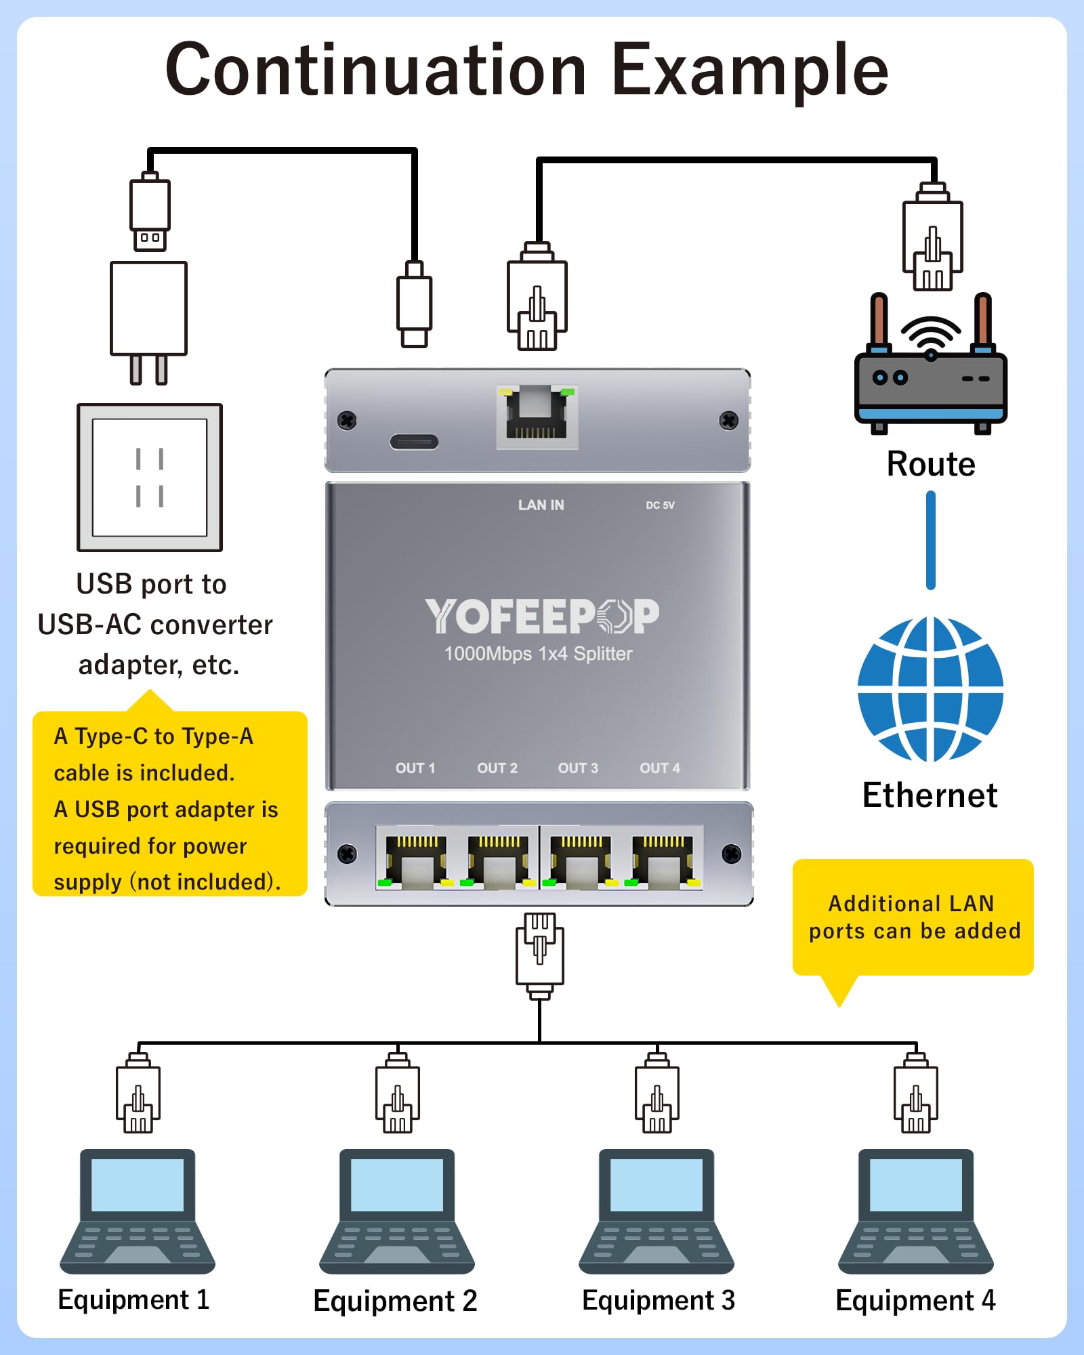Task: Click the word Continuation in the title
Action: click(x=376, y=70)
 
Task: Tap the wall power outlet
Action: click(x=150, y=478)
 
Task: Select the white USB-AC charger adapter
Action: click(x=148, y=308)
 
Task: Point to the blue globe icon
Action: click(x=930, y=689)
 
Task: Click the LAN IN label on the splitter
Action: click(x=541, y=505)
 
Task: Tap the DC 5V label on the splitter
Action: click(x=660, y=505)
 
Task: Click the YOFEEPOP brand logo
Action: click(x=541, y=616)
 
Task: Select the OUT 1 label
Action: click(x=415, y=768)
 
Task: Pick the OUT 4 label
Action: click(x=660, y=768)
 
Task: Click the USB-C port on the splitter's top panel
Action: click(x=414, y=442)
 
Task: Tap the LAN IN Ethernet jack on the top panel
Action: click(x=537, y=415)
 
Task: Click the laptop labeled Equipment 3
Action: click(x=656, y=1211)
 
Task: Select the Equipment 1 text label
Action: click(x=133, y=1300)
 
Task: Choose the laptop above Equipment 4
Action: click(x=915, y=1211)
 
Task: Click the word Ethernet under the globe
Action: click(x=930, y=795)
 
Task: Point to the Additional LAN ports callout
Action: click(x=913, y=917)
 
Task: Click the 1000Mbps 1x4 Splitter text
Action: click(x=538, y=654)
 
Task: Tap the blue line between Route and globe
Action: click(x=930, y=540)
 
